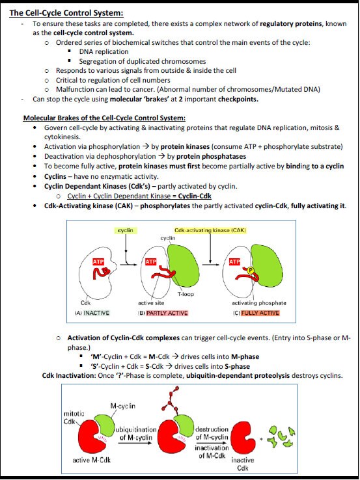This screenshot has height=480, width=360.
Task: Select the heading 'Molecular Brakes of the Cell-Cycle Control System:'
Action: [x=104, y=118]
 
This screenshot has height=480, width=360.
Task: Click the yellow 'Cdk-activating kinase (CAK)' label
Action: [x=210, y=230]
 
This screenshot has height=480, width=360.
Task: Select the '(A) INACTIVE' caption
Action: [x=89, y=313]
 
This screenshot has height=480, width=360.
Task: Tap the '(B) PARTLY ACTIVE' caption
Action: [x=162, y=313]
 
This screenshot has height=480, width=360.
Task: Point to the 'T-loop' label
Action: [x=186, y=294]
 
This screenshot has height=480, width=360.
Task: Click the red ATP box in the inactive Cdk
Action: [x=98, y=261]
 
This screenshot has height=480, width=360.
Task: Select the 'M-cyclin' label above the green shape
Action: [x=123, y=406]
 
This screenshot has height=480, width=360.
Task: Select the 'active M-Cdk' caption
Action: [x=89, y=461]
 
